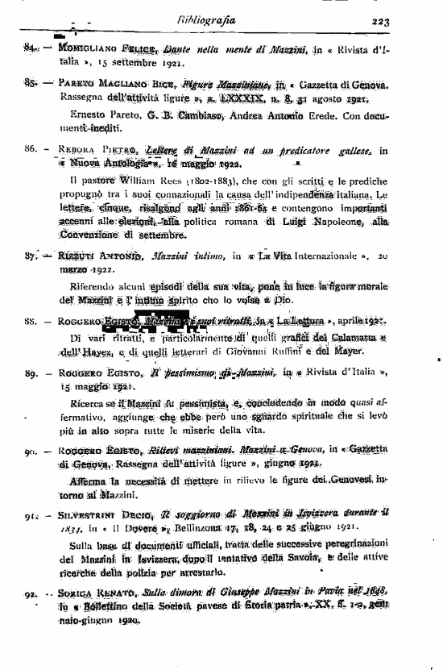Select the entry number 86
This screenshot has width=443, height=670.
pos(31,151)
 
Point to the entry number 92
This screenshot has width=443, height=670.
pos(31,593)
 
